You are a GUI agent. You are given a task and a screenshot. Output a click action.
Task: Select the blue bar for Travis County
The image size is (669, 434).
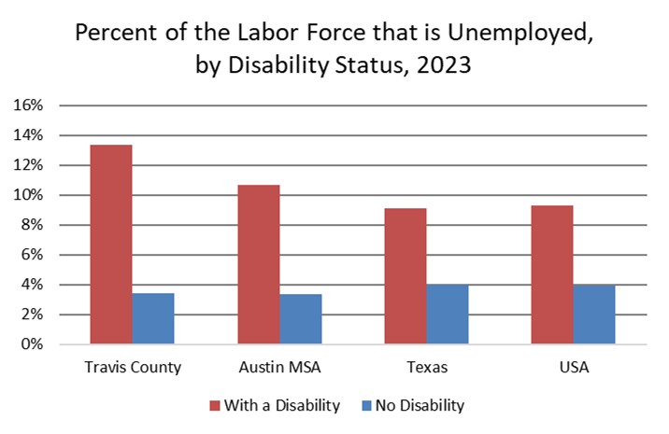coord(153,318)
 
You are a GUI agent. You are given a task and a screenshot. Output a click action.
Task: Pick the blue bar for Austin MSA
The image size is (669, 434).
coord(300,319)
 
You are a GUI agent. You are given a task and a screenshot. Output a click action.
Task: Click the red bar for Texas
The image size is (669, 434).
coord(405,276)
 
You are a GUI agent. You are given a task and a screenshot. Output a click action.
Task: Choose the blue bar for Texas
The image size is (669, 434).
coord(448,315)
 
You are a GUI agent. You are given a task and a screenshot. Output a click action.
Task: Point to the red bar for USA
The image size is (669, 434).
coord(552,274)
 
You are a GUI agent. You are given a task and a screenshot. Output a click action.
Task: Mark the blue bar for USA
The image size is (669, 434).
coord(594,315)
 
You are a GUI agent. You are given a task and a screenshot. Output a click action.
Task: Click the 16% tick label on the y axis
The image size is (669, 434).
coord(27,105)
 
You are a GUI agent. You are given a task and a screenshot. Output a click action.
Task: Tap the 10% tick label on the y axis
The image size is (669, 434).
coord(27,195)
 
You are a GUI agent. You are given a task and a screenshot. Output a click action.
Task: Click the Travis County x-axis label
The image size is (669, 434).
coord(132,368)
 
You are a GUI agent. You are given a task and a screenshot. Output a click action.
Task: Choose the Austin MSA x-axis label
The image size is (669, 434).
coord(279,368)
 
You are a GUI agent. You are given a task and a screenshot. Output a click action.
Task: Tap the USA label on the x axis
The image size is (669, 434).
coord(573,368)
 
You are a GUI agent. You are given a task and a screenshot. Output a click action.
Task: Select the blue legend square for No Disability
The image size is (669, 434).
coord(364,405)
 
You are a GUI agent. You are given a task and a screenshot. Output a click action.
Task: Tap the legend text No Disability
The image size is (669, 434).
coord(420,405)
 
